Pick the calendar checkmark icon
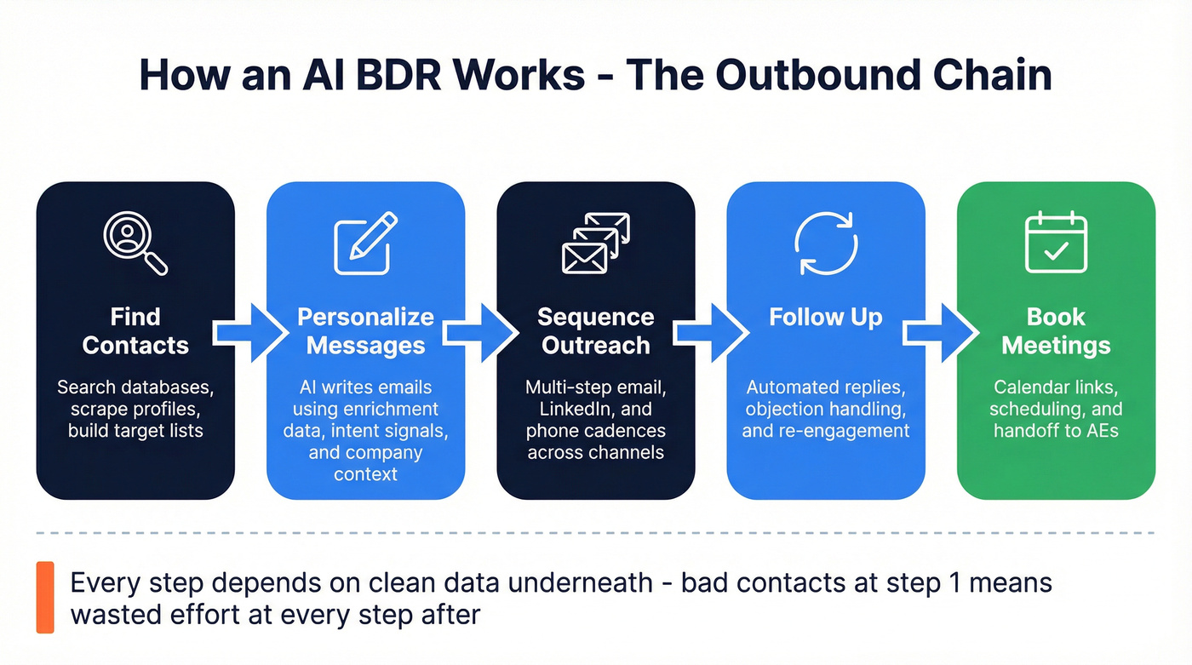(x=1056, y=243)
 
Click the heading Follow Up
(x=825, y=318)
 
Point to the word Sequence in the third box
(x=595, y=318)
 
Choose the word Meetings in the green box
(x=1056, y=346)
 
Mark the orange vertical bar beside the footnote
(x=45, y=597)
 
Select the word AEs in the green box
(x=1098, y=431)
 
